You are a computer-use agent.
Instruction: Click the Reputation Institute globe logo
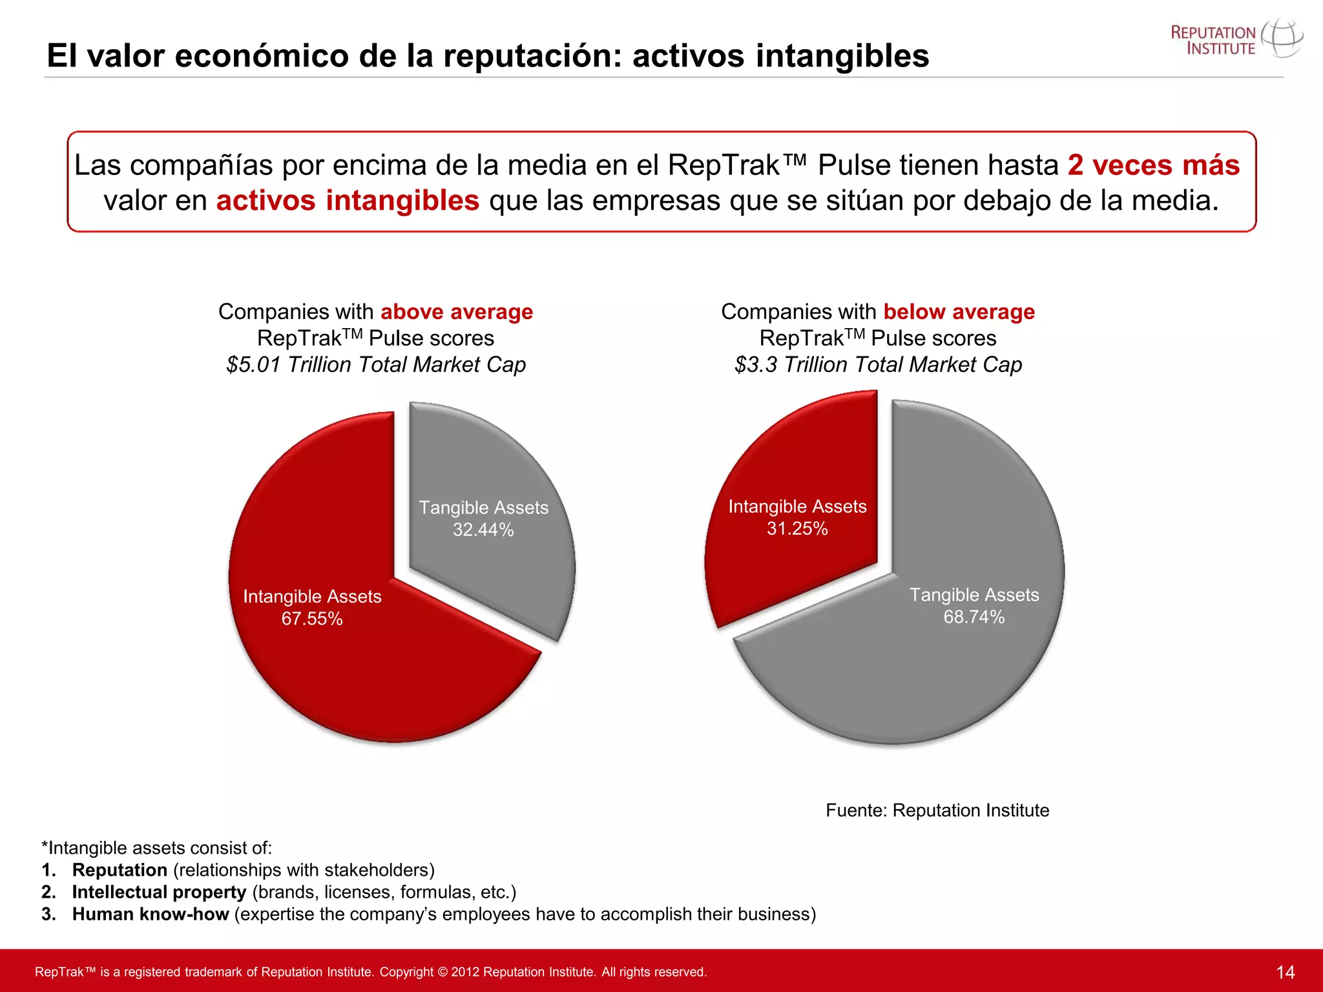tap(1282, 39)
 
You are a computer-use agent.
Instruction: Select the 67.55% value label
tap(312, 619)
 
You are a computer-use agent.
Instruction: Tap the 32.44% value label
tap(483, 530)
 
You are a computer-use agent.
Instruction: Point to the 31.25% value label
tap(797, 529)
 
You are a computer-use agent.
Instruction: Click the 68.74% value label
tap(974, 617)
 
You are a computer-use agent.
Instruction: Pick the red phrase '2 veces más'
tap(1153, 165)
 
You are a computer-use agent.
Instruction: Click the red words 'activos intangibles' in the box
tap(348, 201)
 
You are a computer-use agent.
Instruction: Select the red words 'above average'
tap(457, 312)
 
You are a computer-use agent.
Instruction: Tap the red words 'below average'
tap(959, 312)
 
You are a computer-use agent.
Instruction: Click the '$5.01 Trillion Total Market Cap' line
tap(376, 365)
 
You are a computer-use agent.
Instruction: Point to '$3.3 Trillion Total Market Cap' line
tap(878, 365)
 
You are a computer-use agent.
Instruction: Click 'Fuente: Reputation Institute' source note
tap(937, 811)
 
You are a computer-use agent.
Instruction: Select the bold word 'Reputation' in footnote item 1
tap(120, 870)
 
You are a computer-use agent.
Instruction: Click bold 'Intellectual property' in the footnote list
tap(159, 892)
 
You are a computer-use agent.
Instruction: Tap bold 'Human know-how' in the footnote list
tap(151, 914)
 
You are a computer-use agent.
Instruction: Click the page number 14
tap(1285, 972)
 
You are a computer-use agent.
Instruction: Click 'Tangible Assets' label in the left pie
tap(483, 508)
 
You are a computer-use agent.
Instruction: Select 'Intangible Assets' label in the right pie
tap(797, 506)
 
